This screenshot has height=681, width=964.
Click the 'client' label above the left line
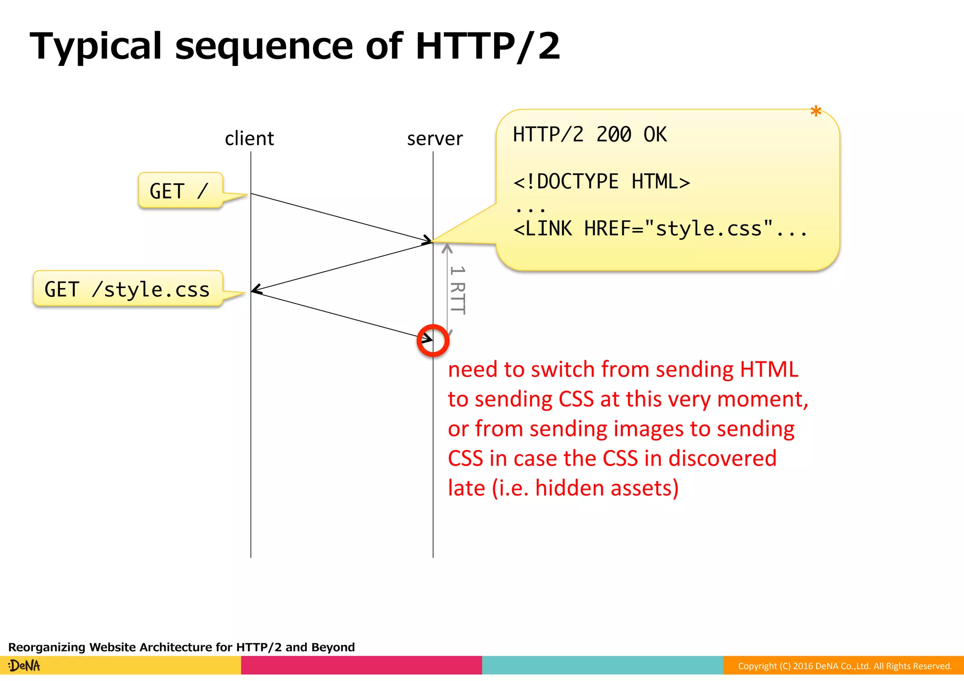click(249, 139)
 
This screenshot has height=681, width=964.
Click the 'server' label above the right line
click(434, 139)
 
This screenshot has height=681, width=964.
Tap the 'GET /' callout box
click(180, 191)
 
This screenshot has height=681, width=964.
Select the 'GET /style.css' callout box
click(128, 289)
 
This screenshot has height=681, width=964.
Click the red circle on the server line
click(433, 340)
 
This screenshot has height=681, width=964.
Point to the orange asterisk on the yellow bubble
click(816, 112)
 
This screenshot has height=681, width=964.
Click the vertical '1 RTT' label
click(457, 290)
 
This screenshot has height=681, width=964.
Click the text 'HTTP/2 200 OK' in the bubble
click(589, 135)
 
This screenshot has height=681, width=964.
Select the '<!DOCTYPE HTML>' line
click(601, 182)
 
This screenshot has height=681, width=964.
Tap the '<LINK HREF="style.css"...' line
click(659, 229)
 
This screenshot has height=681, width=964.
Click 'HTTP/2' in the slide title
click(488, 46)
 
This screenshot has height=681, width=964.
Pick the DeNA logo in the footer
click(24, 665)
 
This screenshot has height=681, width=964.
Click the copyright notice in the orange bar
click(844, 666)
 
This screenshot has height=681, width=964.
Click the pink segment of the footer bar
click(361, 665)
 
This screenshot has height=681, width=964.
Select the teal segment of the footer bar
click(602, 665)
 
